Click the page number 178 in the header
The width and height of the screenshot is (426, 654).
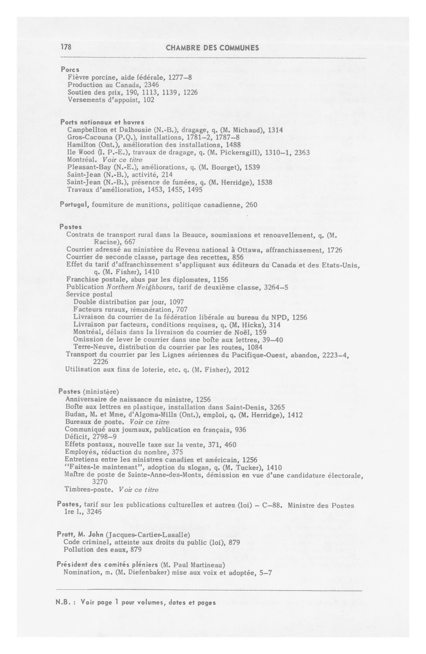(66, 47)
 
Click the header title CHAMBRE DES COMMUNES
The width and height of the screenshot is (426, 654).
(213, 48)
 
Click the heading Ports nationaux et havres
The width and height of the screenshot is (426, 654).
(102, 122)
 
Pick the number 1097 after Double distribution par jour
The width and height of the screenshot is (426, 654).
(176, 302)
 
